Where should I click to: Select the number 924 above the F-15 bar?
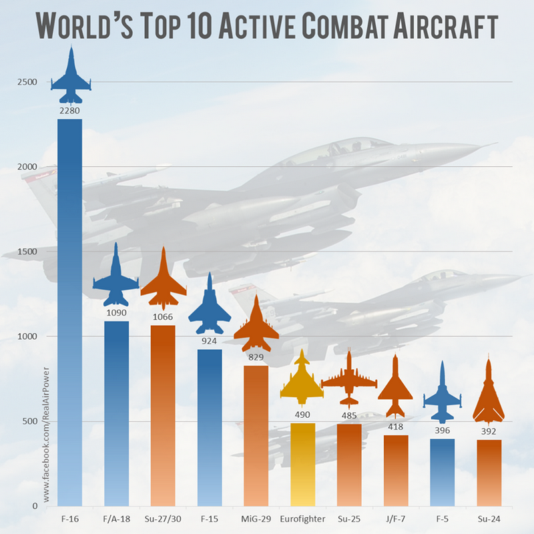click(x=210, y=341)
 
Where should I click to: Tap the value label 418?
click(x=396, y=427)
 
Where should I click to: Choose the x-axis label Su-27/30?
click(x=163, y=519)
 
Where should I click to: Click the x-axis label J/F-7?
click(x=396, y=519)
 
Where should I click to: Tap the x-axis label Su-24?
click(x=489, y=519)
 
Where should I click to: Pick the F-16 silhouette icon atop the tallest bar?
click(x=70, y=73)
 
